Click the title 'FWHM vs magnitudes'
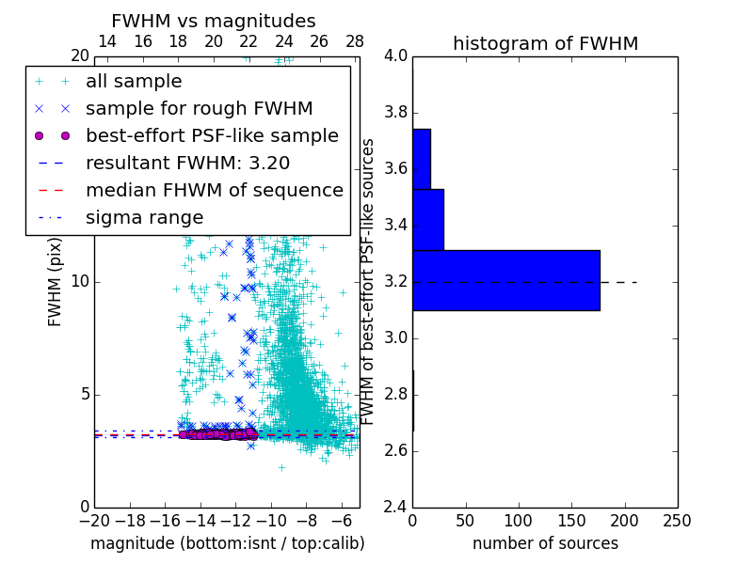click(x=214, y=21)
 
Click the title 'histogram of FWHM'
click(x=545, y=43)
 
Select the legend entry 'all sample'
click(x=134, y=82)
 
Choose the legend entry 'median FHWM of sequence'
click(x=214, y=190)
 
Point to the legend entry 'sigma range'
click(x=144, y=217)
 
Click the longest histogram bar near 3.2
click(x=505, y=280)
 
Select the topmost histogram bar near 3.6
click(x=421, y=159)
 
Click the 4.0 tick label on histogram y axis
click(x=396, y=56)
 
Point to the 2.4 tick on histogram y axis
click(x=396, y=507)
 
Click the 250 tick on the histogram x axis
click(x=677, y=521)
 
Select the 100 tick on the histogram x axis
click(x=519, y=521)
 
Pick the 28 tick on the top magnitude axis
click(x=355, y=41)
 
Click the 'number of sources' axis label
click(x=545, y=543)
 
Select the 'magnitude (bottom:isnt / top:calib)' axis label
click(x=227, y=543)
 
